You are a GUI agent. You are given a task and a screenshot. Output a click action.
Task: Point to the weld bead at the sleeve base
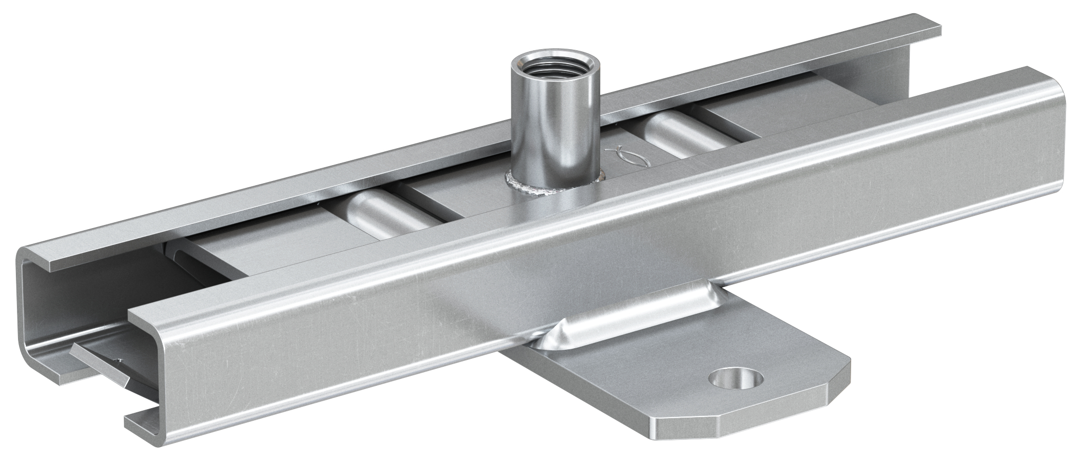(x=524, y=187)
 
